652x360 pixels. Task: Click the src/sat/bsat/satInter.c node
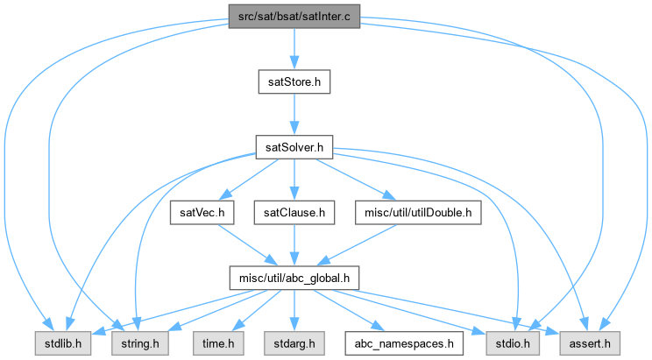click(294, 16)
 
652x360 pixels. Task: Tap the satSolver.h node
click(294, 147)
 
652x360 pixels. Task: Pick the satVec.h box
click(202, 212)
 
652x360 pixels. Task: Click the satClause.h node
click(294, 212)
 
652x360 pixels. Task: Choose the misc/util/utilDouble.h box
click(419, 212)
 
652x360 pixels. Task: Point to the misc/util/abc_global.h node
click(294, 278)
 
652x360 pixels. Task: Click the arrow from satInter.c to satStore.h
click(294, 48)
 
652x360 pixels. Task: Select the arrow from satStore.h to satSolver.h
click(294, 114)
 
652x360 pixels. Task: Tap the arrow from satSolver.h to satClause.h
click(294, 180)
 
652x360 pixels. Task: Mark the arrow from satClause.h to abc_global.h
click(294, 245)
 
